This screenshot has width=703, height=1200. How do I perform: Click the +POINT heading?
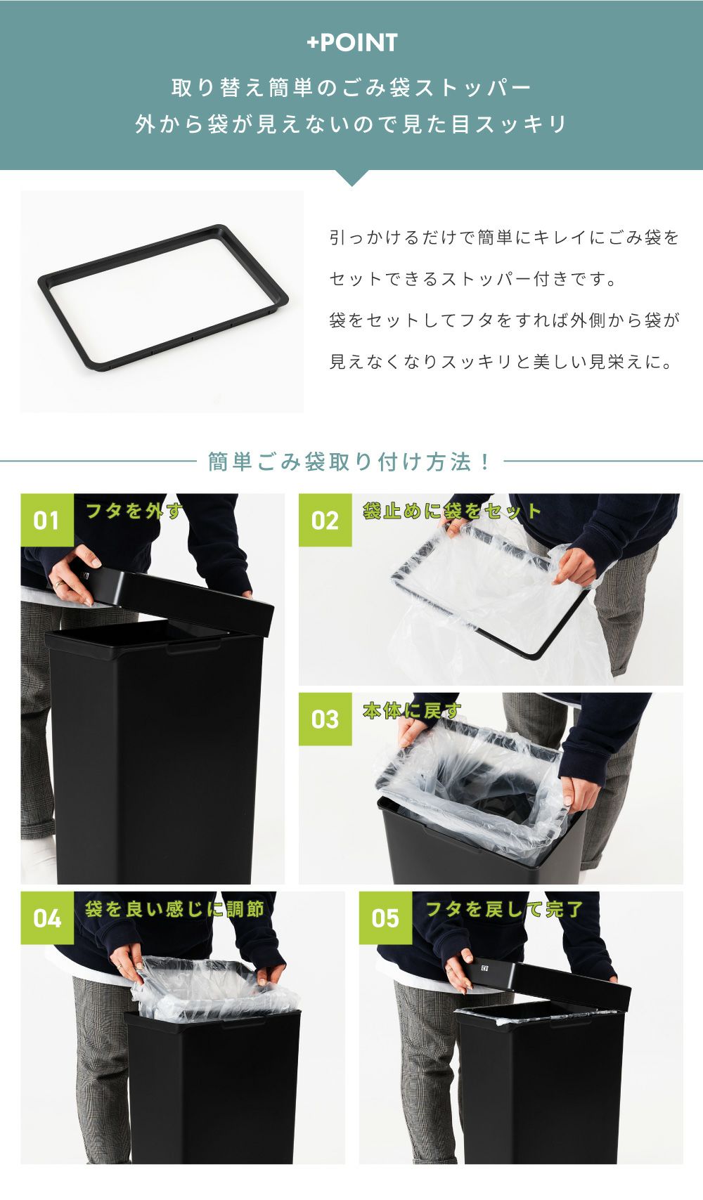click(x=351, y=43)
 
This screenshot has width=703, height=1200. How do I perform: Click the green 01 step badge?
click(x=47, y=520)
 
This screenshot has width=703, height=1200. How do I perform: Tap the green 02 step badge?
click(x=325, y=520)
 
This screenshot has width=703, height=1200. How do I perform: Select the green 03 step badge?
click(x=325, y=719)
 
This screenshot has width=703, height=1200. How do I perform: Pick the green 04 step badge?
click(x=47, y=918)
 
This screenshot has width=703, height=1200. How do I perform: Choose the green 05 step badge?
click(x=385, y=918)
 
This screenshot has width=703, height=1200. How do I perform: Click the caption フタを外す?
click(x=134, y=511)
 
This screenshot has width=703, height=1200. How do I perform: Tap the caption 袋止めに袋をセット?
click(x=451, y=511)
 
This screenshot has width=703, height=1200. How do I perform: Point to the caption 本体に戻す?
click(x=412, y=710)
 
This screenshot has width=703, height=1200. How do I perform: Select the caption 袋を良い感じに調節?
click(x=174, y=909)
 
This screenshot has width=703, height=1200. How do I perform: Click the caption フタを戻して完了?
click(x=504, y=909)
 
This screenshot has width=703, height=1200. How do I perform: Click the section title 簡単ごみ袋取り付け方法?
click(x=349, y=462)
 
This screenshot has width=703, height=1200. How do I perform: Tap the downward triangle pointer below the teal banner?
click(x=351, y=177)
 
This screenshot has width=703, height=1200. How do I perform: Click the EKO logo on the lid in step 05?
click(x=485, y=968)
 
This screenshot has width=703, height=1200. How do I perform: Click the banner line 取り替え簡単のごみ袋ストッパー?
click(x=351, y=87)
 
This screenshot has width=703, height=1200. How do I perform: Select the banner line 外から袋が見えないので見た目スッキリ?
click(x=351, y=124)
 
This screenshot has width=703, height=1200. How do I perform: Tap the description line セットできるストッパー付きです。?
click(x=473, y=278)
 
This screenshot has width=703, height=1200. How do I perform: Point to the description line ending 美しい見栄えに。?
click(x=501, y=362)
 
